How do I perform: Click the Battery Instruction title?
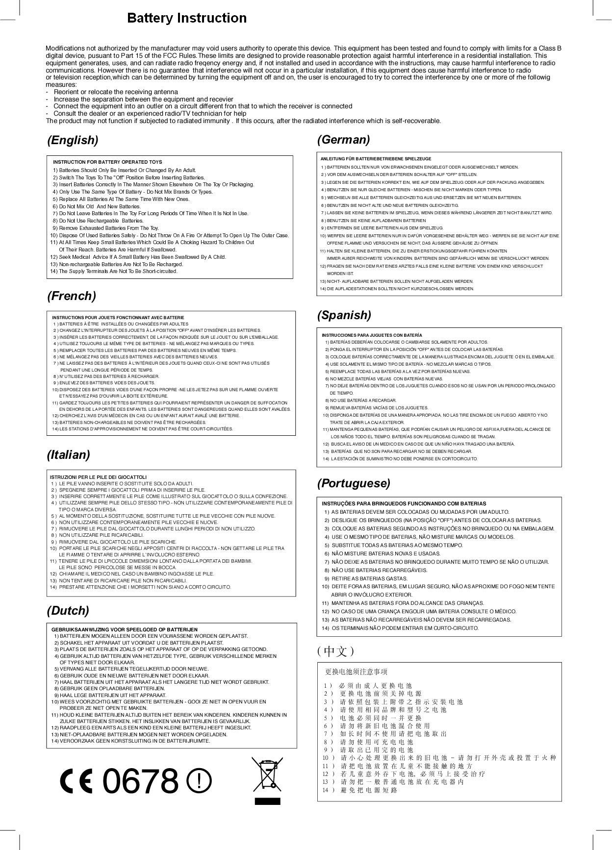(x=187, y=18)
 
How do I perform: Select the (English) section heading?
(x=73, y=140)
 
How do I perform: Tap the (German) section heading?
(x=343, y=140)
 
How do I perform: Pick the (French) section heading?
(x=72, y=296)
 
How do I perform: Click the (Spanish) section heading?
(x=344, y=315)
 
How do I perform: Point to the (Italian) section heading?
(x=69, y=454)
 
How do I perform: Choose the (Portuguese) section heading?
(x=354, y=483)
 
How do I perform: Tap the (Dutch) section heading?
(x=68, y=611)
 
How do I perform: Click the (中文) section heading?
(x=335, y=651)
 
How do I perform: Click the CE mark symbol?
(x=76, y=781)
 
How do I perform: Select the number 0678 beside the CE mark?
(x=140, y=781)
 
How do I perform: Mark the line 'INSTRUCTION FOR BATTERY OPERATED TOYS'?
(x=107, y=162)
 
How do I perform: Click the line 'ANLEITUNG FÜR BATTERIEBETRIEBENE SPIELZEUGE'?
(x=376, y=159)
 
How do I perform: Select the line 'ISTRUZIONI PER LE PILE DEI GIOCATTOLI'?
(x=98, y=477)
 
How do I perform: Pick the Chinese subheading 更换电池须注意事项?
(x=356, y=672)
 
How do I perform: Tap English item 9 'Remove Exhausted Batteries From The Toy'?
(x=106, y=228)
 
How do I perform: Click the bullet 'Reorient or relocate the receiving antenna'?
(x=116, y=92)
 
